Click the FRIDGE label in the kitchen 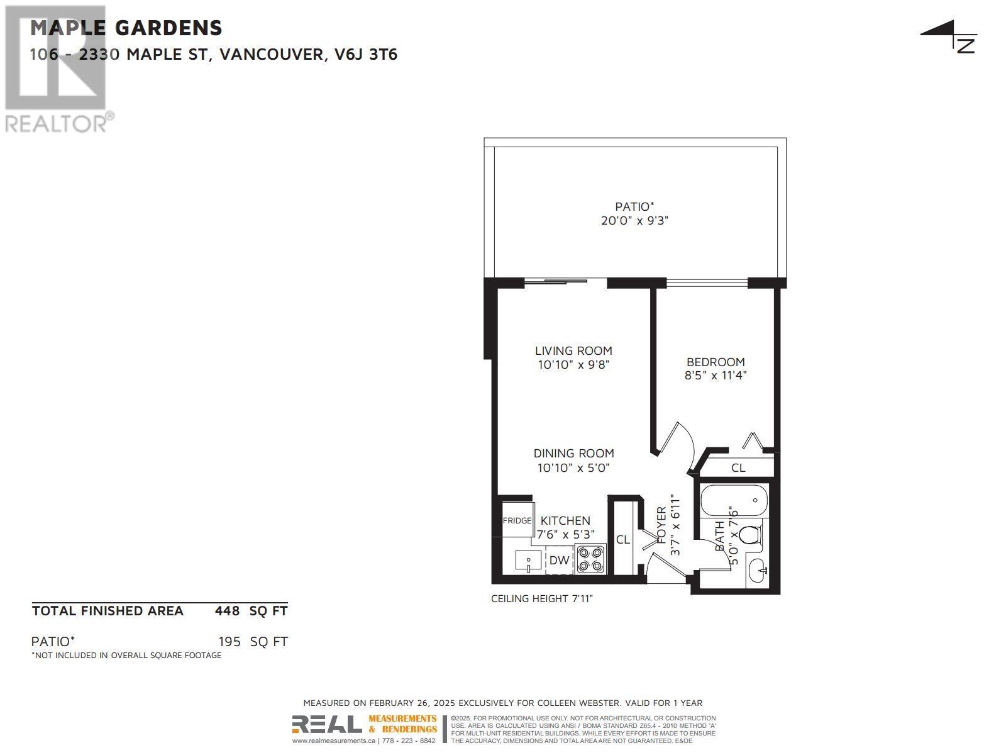[x=517, y=521]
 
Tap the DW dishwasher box [x=559, y=560]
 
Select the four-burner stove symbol [x=590, y=559]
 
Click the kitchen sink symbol [x=528, y=560]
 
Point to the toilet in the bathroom [x=749, y=535]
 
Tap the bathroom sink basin [x=759, y=572]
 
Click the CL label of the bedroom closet [x=738, y=468]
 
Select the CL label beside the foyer [x=623, y=540]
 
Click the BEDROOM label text [x=716, y=362]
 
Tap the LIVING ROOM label [x=573, y=351]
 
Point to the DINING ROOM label [x=573, y=453]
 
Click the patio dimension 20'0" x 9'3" [x=634, y=221]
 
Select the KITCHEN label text [x=565, y=521]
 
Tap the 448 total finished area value [x=227, y=611]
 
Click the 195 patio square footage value [x=229, y=642]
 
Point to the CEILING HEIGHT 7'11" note [x=541, y=598]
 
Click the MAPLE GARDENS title [x=126, y=28]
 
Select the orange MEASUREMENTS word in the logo [x=402, y=719]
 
